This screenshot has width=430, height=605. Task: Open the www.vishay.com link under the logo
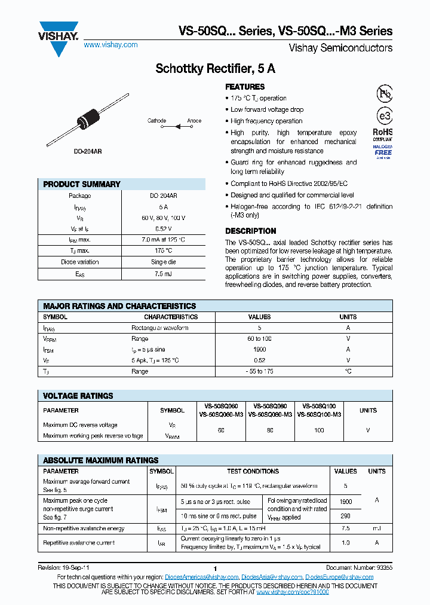110,45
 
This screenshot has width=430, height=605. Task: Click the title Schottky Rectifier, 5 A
215,69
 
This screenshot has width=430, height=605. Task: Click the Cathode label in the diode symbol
156,121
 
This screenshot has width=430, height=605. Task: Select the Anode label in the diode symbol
194,121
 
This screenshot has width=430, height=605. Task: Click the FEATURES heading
245,87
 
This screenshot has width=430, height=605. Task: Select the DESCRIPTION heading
250,231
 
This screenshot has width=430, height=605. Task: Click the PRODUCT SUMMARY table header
82,184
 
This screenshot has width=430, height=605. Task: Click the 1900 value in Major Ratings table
259,350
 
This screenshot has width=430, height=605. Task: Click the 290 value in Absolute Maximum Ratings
345,515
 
